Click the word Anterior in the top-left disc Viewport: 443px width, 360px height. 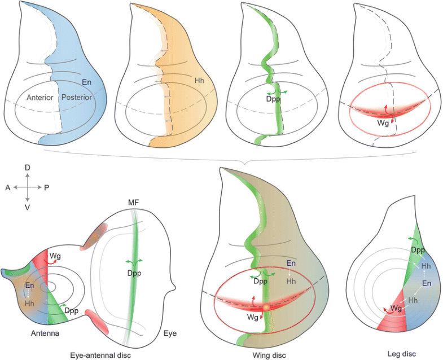[x=40, y=97]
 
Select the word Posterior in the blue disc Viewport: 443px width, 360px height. [x=76, y=97]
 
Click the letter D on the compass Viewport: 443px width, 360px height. [x=28, y=168]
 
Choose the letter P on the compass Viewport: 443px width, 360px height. [x=47, y=187]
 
